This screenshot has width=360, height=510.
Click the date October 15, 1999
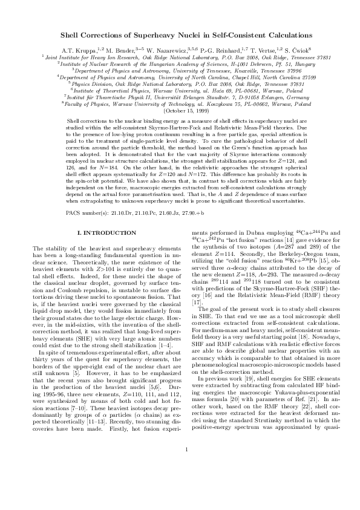tap(180, 111)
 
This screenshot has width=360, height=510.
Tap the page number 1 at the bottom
tap(180, 483)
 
